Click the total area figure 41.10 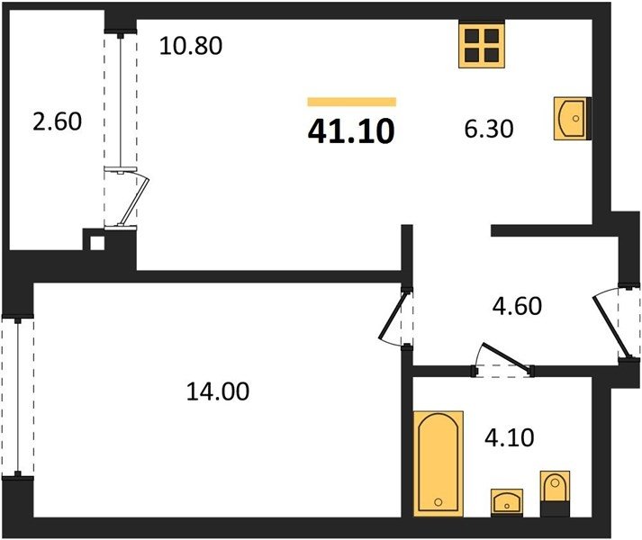pyautogui.click(x=351, y=131)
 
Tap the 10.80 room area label pyautogui.click(x=191, y=45)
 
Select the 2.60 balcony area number pyautogui.click(x=58, y=121)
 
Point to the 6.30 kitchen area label pyautogui.click(x=489, y=129)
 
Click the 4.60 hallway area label pyautogui.click(x=517, y=306)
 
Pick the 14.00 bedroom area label pyautogui.click(x=218, y=391)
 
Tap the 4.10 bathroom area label pyautogui.click(x=510, y=437)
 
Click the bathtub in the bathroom pyautogui.click(x=439, y=463)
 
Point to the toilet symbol pyautogui.click(x=555, y=493)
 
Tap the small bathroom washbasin pyautogui.click(x=507, y=502)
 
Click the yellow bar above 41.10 pyautogui.click(x=352, y=102)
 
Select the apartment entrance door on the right pyautogui.click(x=610, y=327)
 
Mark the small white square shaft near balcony pyautogui.click(x=97, y=243)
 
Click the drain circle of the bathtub pyautogui.click(x=439, y=502)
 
